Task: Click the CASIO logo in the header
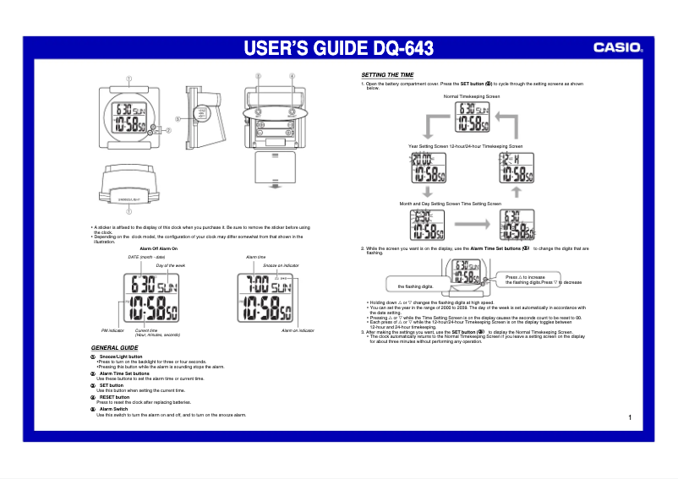point(618,48)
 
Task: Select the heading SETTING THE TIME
point(387,75)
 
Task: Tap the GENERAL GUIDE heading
point(114,348)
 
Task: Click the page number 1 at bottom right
point(631,417)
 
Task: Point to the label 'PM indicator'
point(113,330)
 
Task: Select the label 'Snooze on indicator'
point(281,265)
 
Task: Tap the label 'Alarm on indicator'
point(298,330)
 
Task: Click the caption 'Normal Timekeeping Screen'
point(471,97)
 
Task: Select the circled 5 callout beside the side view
point(178,118)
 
